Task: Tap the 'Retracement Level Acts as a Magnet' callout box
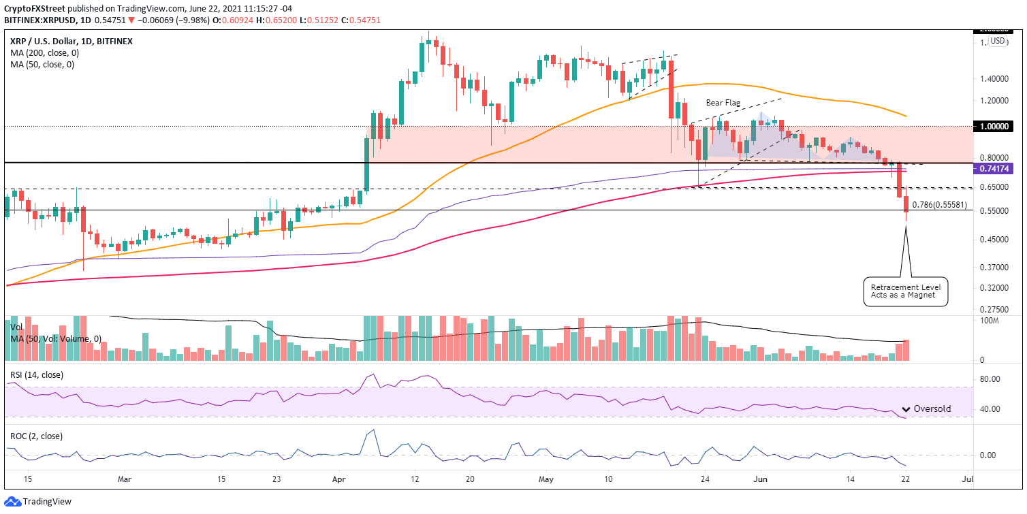click(x=906, y=291)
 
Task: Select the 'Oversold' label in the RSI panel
click(x=932, y=409)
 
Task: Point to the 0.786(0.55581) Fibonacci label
click(x=939, y=204)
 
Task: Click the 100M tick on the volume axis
click(x=990, y=320)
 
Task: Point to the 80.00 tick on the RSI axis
click(x=989, y=379)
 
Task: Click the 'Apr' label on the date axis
click(x=339, y=479)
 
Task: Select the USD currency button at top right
click(x=998, y=41)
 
